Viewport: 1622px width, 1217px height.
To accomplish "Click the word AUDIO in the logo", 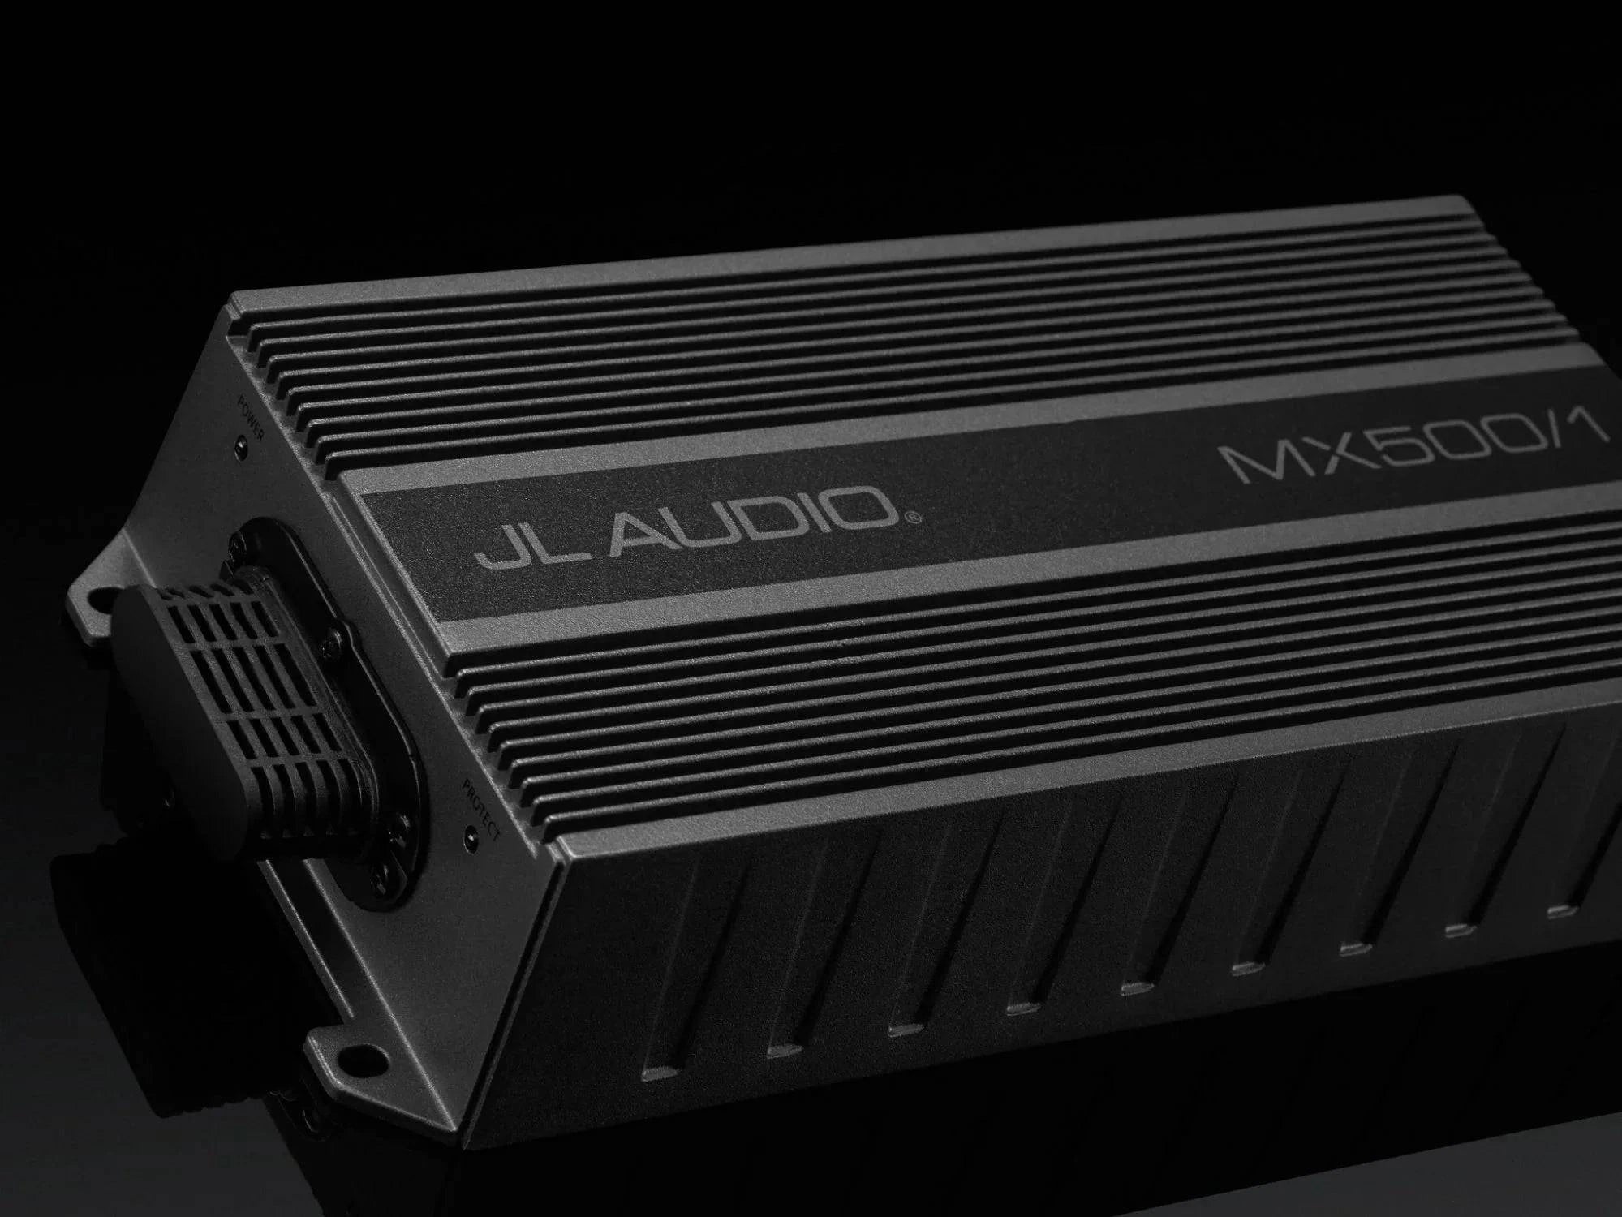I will tap(746, 525).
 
